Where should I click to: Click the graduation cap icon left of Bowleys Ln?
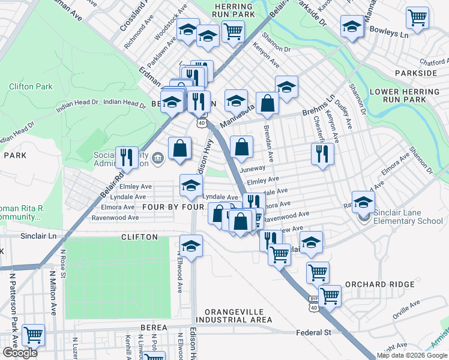352,26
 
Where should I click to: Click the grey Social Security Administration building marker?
158,159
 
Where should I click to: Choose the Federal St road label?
313,332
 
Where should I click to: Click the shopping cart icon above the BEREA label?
33,334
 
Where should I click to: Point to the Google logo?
20,353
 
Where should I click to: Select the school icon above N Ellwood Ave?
191,246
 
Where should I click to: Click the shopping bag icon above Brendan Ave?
267,103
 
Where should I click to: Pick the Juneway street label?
252,170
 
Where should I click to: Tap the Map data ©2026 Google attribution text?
412,355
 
